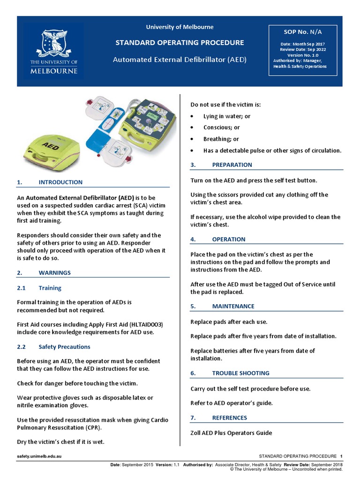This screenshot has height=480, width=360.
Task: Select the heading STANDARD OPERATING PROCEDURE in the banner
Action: (x=180, y=43)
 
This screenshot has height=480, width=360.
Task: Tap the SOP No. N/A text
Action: (x=303, y=32)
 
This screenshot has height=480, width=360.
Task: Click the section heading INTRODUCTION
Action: (x=60, y=182)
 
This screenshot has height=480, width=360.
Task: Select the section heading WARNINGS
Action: (x=54, y=273)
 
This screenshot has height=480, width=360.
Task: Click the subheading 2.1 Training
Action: (x=50, y=288)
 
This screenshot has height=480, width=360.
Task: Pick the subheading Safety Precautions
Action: (x=64, y=347)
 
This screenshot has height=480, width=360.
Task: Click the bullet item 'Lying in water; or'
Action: (x=226, y=116)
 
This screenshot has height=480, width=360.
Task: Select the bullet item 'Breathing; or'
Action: (x=221, y=139)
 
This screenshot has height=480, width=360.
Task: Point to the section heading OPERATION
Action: (x=228, y=240)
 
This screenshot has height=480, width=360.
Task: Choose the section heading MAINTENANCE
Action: (x=233, y=307)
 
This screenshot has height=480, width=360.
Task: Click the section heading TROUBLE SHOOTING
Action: (x=240, y=374)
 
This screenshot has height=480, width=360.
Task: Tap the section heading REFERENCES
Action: (x=229, y=418)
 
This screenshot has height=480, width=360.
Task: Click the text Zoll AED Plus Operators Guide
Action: (x=231, y=433)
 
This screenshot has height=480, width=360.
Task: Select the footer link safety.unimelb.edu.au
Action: (x=39, y=456)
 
